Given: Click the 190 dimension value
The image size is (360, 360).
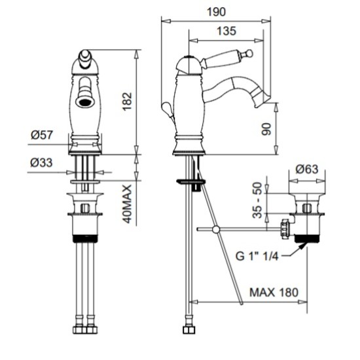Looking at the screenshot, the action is coord(216,12).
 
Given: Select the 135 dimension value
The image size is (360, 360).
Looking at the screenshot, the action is coord(226,31).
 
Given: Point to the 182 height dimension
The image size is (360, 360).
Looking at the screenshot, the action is coord(127,101).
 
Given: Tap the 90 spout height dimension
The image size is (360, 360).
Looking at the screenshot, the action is coord(266,129).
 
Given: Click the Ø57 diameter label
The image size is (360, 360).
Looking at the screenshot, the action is coord(42,135).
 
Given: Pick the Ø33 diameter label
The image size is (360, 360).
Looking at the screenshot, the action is coord(41,162).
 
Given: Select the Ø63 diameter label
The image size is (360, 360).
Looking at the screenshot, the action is coord(307,170).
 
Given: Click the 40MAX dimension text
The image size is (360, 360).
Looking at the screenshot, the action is coord(127,204).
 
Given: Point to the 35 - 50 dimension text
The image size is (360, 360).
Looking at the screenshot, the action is coord(257,200).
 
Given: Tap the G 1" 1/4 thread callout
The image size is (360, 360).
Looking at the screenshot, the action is coord(257,256).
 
